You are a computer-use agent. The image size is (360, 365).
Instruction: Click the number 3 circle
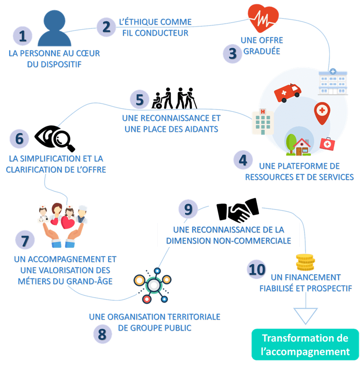tap(232, 54)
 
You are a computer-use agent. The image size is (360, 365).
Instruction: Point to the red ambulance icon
tap(287, 92)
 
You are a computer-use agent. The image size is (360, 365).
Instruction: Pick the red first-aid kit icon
tap(326, 143)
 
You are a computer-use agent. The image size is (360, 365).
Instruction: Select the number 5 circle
tap(140, 100)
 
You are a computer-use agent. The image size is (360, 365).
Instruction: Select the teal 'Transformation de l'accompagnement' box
tap(305, 344)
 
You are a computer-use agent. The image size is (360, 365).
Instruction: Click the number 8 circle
tap(102, 334)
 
